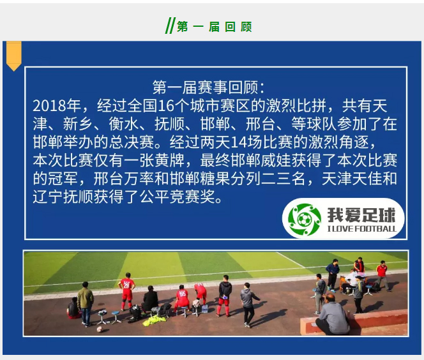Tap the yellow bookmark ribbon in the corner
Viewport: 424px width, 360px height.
point(13,56)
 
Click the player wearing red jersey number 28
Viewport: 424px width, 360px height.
point(126,290)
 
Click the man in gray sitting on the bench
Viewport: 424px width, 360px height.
point(333,314)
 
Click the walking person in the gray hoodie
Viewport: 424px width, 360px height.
point(248,303)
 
